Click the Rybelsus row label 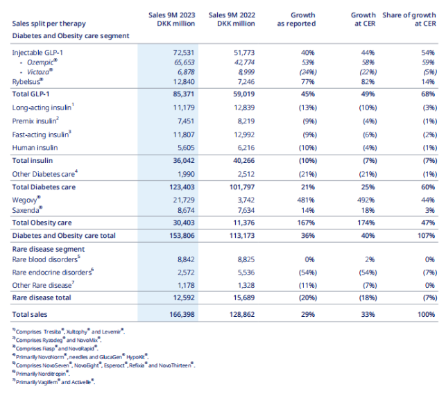tap(28, 81)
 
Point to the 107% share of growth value tap(424, 235)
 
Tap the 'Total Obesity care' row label tap(42, 222)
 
